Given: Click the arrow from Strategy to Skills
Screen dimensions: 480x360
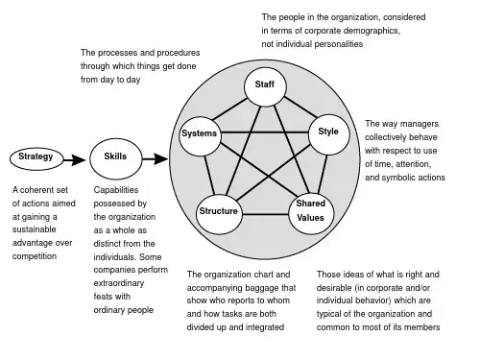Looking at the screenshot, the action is pos(75,159).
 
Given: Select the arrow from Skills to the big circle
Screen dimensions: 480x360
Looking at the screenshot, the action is pos(156,158).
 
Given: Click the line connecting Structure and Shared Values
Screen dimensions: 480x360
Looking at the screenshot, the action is pos(265,214).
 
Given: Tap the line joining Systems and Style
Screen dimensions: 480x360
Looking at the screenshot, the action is pos(265,132).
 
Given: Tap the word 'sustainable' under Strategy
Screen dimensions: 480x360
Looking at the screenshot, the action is pos(35,229).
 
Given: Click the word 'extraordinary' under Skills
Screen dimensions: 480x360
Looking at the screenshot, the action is pos(119,283).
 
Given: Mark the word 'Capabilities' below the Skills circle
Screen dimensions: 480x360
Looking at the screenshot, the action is pos(116,190).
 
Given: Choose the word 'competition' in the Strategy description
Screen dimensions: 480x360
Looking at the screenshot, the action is pos(35,256).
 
